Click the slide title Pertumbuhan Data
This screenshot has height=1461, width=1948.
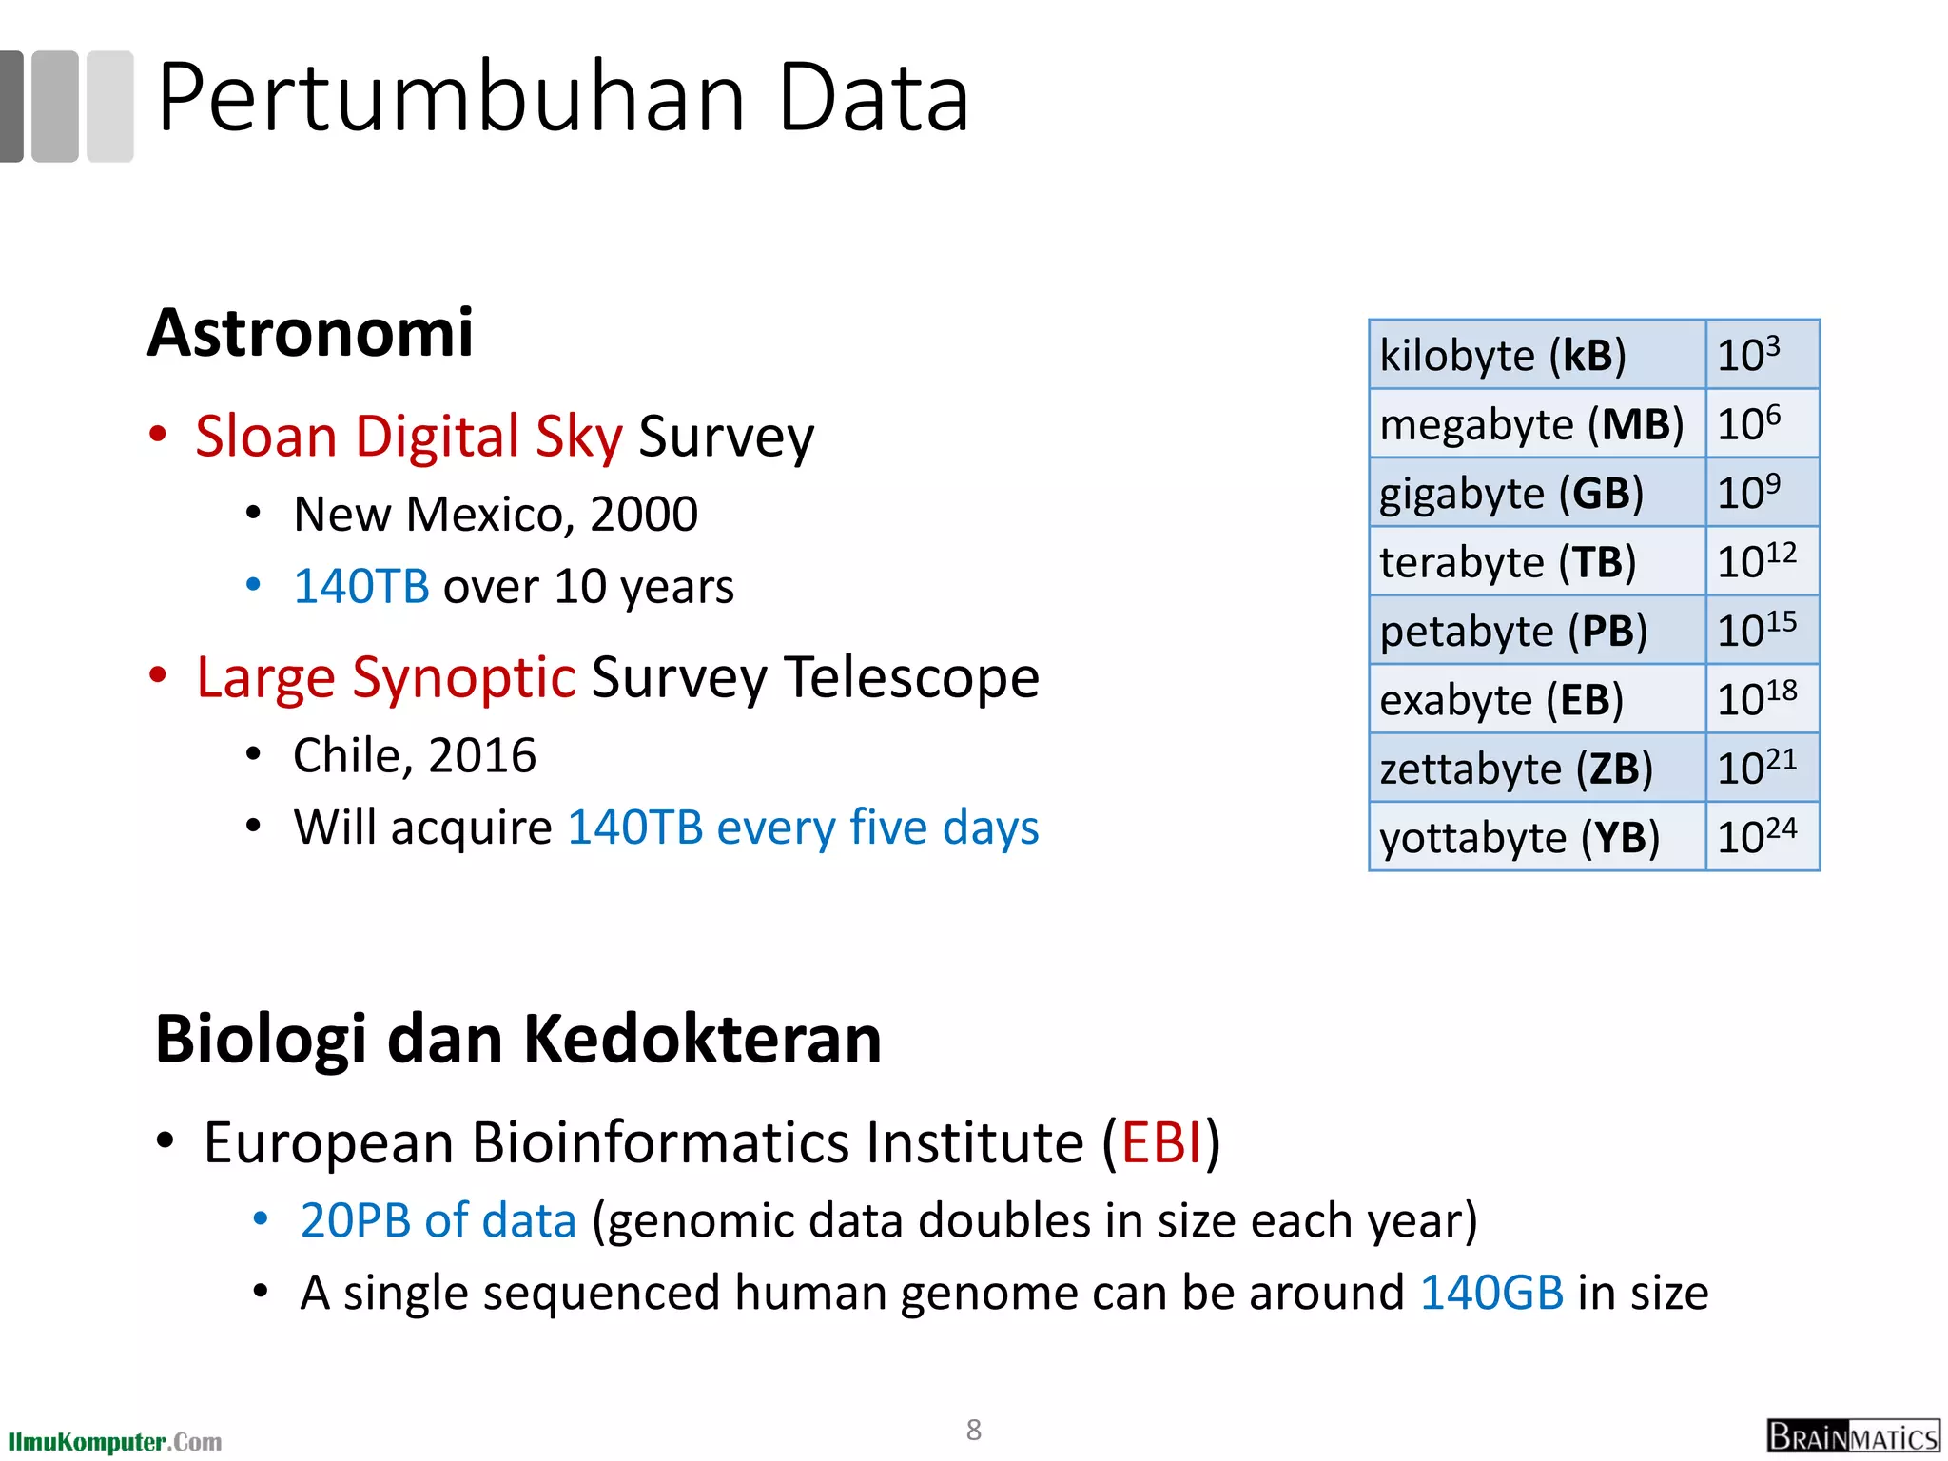[563, 98]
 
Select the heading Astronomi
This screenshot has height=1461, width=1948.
[310, 333]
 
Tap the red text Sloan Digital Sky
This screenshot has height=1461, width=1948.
[408, 437]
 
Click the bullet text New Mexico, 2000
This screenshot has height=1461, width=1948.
[496, 515]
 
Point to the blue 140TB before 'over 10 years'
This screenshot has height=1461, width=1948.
[361, 587]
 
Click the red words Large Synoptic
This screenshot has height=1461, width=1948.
[385, 678]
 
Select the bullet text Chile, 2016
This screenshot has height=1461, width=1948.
[415, 756]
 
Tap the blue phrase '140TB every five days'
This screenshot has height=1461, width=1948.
[803, 828]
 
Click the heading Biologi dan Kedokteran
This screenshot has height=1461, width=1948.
[518, 1039]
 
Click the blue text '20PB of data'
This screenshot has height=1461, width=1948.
[438, 1220]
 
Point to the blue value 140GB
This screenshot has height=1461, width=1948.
[1491, 1294]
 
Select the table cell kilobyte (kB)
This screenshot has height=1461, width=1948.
[1535, 355]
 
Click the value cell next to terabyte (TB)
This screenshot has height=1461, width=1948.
[1761, 561]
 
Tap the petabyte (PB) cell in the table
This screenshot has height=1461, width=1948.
[1535, 631]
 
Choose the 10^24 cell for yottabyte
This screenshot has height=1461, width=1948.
[1761, 837]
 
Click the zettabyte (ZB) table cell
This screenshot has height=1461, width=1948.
[1535, 769]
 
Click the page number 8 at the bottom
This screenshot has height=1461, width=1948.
[973, 1430]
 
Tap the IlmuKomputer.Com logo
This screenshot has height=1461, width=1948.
[114, 1441]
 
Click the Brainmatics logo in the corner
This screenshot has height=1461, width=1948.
[1852, 1435]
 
